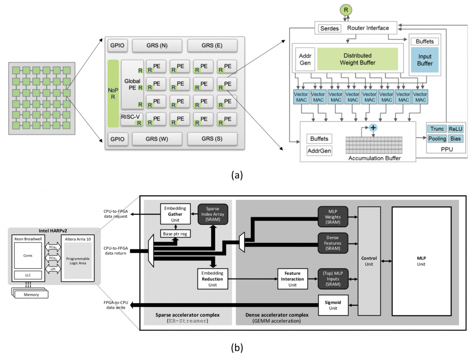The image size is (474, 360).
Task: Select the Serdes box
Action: pyautogui.click(x=329, y=28)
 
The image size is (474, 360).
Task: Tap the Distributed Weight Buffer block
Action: pyautogui.click(x=358, y=59)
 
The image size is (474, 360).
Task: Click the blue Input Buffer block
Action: pyautogui.click(x=424, y=60)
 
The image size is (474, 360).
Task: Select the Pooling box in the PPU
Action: pyautogui.click(x=437, y=139)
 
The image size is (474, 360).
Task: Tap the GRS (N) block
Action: pyautogui.click(x=157, y=46)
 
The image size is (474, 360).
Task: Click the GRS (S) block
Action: pyautogui.click(x=212, y=139)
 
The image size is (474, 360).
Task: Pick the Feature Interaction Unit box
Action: pyautogui.click(x=292, y=279)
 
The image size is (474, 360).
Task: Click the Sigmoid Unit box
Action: pyautogui.click(x=332, y=305)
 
